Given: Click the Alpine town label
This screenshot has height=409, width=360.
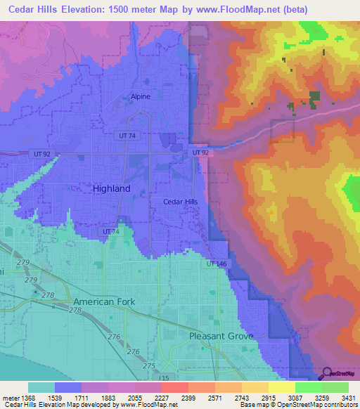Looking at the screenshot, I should pos(141,96).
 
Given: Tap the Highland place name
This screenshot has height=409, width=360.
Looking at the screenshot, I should pos(112,189).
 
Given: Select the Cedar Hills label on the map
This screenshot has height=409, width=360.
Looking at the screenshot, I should pos(181,202).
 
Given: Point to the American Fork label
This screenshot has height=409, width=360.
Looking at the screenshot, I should pos(103,301).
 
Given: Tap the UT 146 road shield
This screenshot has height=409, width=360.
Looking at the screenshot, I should pos(217,264).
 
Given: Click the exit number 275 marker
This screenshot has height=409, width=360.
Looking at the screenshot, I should pos(148,366).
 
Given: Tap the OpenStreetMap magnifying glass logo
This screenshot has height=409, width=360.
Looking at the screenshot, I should pos(326,373).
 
